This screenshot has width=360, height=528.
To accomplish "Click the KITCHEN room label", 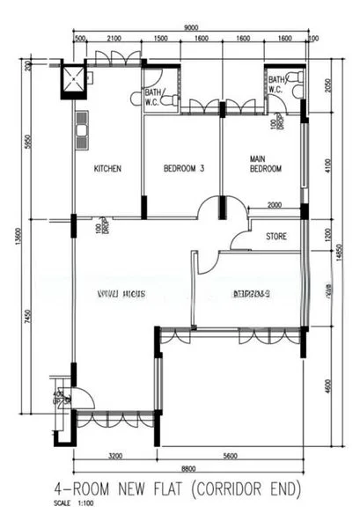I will tap(107, 169).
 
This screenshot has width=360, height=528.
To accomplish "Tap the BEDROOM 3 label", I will tap(185, 169).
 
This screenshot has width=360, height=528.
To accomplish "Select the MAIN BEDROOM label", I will tap(265, 165).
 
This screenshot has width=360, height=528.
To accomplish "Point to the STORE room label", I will tap(276, 236).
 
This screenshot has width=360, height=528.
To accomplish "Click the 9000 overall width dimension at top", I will tap(189, 29).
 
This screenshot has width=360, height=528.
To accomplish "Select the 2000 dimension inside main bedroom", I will tap(274, 205).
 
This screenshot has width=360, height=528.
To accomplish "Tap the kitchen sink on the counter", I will tap(82, 131).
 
